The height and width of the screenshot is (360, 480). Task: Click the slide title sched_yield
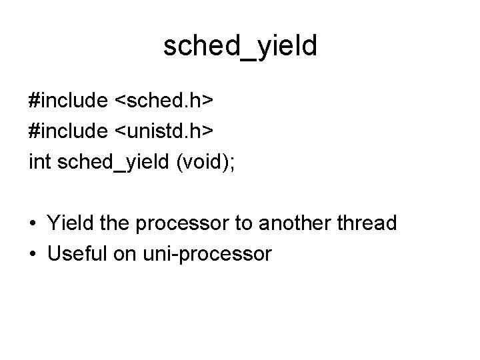click(x=240, y=46)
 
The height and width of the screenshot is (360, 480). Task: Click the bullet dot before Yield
click(x=33, y=223)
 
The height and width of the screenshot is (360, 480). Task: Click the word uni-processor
click(x=205, y=254)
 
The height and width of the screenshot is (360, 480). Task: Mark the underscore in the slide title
click(x=249, y=59)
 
